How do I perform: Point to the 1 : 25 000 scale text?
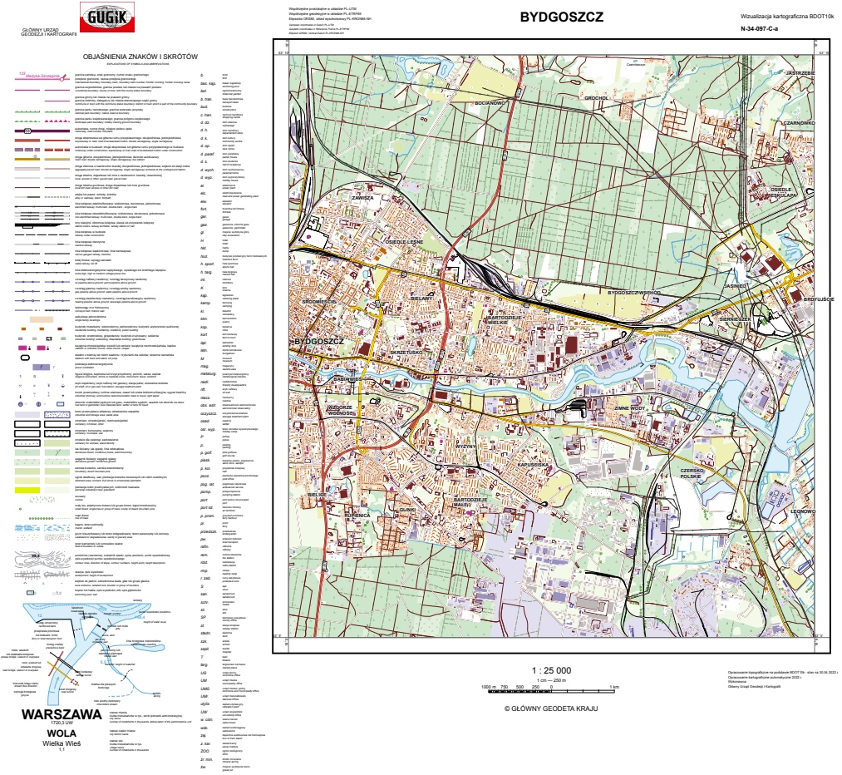click(x=551, y=670)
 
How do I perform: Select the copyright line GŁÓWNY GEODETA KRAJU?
click(x=551, y=708)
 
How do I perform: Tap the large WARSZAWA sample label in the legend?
click(x=62, y=714)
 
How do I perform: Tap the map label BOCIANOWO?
click(x=490, y=103)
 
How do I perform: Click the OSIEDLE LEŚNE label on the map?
click(x=406, y=240)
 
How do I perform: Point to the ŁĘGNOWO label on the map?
click(x=803, y=512)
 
